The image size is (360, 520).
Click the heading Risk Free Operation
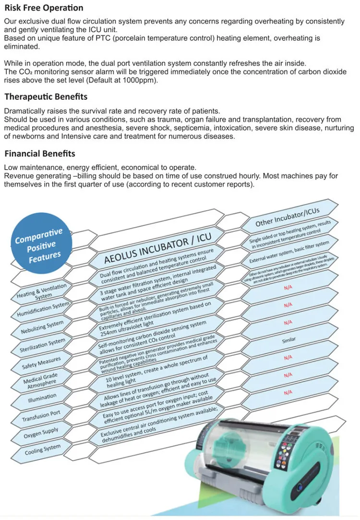coord(44,8)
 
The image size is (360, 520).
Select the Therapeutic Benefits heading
coord(46,97)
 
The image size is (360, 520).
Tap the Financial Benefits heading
coord(40,154)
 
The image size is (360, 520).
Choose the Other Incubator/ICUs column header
coord(288,217)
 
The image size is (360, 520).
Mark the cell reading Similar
coord(289,340)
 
